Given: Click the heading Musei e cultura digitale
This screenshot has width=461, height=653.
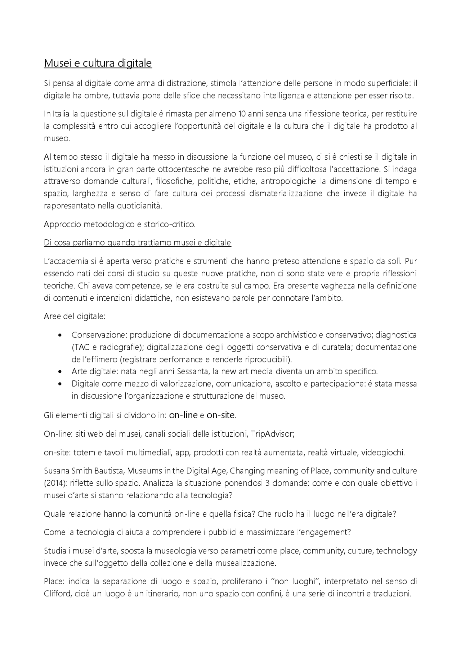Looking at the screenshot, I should [98, 63].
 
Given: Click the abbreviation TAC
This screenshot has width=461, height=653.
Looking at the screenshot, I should [79, 347].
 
